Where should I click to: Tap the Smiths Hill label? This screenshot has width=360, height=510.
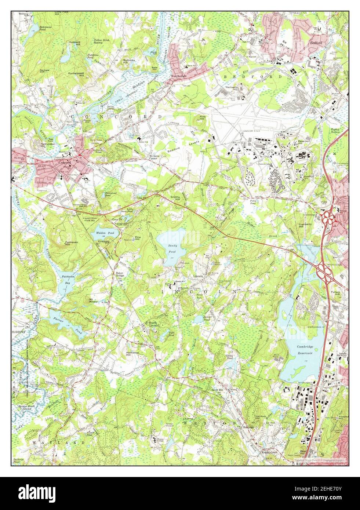click(175, 198)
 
